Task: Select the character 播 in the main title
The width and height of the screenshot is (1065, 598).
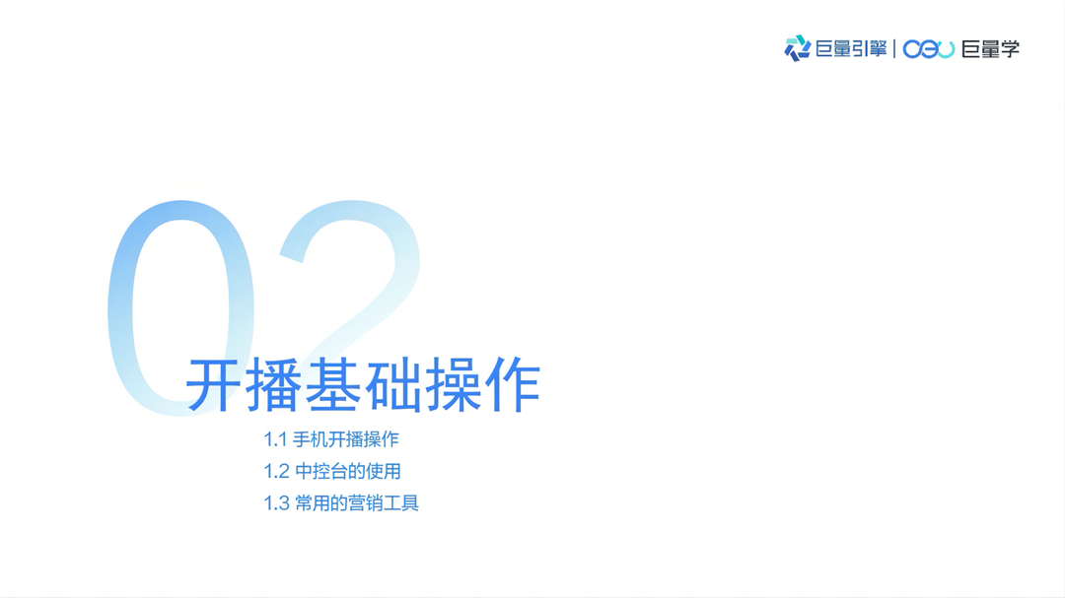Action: coord(273,385)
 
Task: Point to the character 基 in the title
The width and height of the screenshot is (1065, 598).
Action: coord(332,385)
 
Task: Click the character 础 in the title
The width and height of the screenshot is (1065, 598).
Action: coord(392,385)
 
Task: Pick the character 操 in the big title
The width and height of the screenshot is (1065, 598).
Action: coord(452,385)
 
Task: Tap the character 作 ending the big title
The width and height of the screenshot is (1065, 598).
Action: coord(512,385)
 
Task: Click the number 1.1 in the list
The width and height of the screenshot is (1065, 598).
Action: coord(274,439)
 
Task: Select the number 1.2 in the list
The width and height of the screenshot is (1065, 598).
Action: coord(275,471)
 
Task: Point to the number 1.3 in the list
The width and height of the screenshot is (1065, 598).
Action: coord(275,503)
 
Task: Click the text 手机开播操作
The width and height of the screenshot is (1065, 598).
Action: coord(346,439)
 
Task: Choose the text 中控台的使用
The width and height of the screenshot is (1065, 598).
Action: coord(348,471)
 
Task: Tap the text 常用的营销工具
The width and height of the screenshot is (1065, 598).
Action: coord(357,503)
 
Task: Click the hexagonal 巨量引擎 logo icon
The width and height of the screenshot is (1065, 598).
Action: coord(797,48)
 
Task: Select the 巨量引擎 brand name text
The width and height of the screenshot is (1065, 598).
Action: coord(851,48)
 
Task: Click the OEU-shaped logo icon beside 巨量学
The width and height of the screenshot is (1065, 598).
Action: coord(929,48)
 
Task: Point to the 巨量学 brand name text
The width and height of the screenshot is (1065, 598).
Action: coord(991,48)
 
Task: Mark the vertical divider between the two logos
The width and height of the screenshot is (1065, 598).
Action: coord(894,48)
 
